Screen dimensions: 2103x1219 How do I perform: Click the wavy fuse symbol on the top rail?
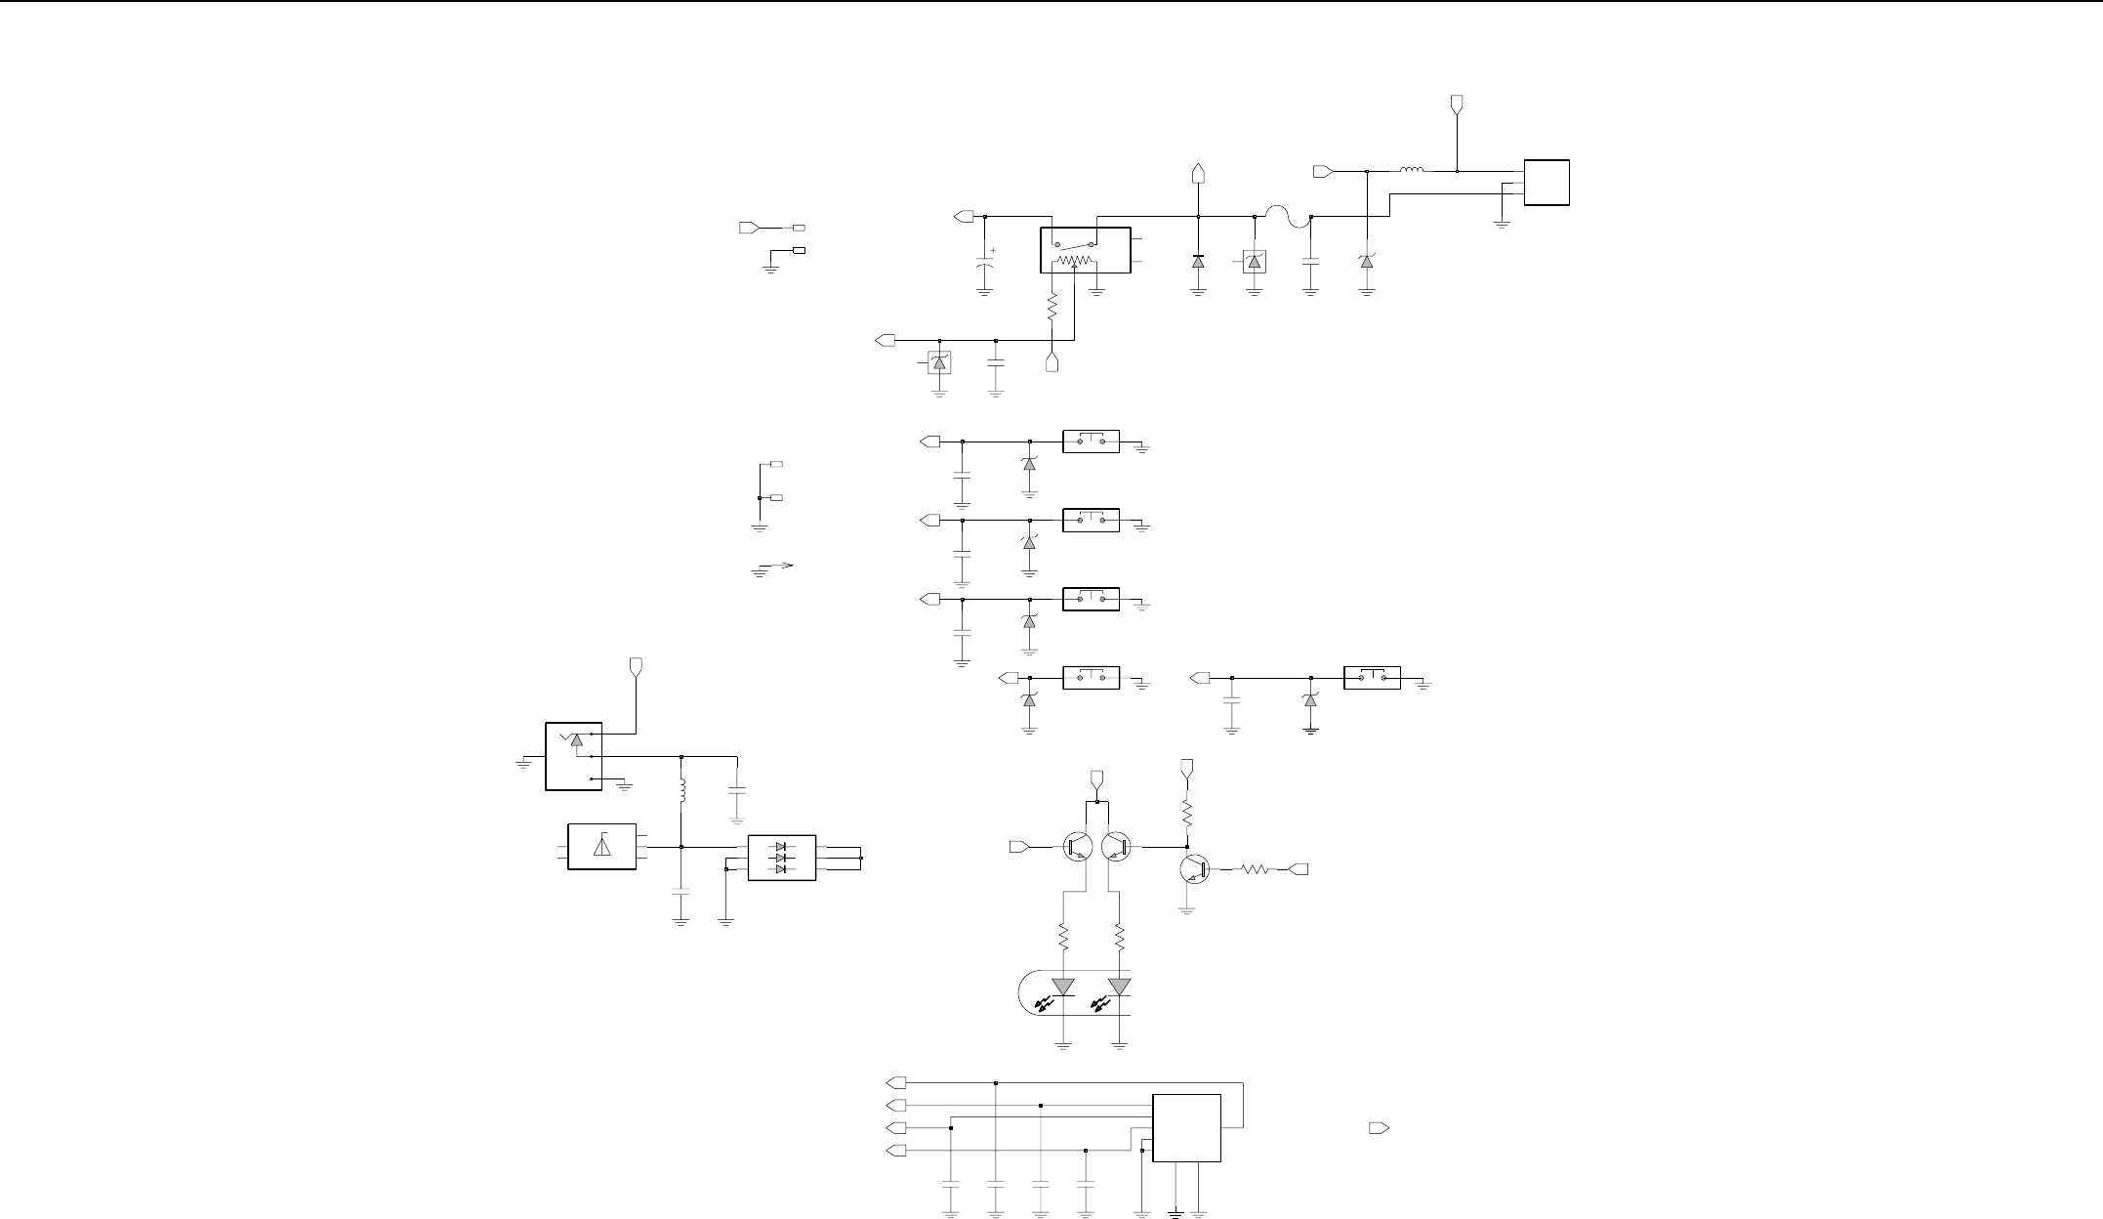1282,217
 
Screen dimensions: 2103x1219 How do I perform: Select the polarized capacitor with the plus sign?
984,265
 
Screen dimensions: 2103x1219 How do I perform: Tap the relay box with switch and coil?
1085,250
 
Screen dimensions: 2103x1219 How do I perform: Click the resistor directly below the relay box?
1052,309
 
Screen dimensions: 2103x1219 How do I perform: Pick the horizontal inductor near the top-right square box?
1412,171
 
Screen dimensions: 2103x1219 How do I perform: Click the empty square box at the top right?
1546,183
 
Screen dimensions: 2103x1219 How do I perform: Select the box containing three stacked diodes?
781,858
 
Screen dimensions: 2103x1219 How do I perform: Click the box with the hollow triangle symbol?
601,847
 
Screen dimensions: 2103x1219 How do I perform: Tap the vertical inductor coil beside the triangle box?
681,789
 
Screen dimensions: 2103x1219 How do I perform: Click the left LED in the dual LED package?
1063,988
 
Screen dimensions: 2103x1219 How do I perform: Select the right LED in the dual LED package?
1120,988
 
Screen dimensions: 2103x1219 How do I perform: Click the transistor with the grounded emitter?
1194,868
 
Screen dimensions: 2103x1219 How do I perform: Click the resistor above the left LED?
1063,939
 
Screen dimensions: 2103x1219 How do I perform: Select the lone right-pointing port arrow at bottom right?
1378,1128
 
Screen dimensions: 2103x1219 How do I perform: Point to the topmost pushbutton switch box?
1091,441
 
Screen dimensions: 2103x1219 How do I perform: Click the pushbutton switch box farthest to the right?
1372,677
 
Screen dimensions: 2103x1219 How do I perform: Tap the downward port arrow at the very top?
1457,104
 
